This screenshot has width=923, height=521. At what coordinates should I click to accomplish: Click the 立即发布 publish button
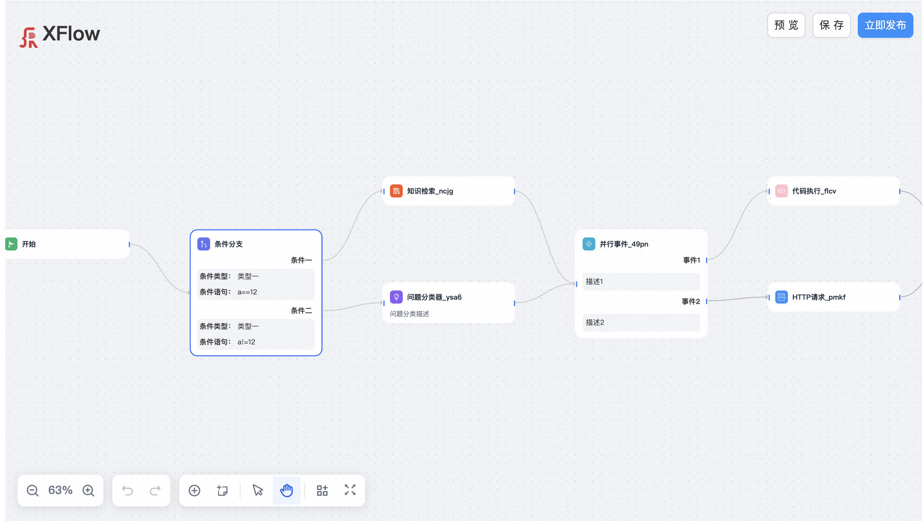pyautogui.click(x=885, y=25)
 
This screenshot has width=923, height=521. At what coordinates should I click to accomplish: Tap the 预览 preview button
pyautogui.click(x=786, y=25)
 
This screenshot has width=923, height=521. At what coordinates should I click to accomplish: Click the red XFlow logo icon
pyautogui.click(x=29, y=37)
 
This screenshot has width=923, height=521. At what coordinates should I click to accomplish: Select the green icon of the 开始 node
pyautogui.click(x=11, y=244)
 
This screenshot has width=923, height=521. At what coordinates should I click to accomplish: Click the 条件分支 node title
pyautogui.click(x=228, y=244)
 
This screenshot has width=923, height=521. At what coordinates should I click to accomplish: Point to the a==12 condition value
pyautogui.click(x=247, y=292)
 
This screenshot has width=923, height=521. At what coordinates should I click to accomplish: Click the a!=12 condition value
pyautogui.click(x=246, y=342)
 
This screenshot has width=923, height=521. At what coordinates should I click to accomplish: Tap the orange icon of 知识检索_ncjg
pyautogui.click(x=396, y=191)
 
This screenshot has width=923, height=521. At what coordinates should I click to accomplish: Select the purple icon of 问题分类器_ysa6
pyautogui.click(x=396, y=297)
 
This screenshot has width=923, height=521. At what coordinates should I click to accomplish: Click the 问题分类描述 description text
pyautogui.click(x=409, y=314)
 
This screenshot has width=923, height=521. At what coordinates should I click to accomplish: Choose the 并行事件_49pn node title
pyautogui.click(x=624, y=244)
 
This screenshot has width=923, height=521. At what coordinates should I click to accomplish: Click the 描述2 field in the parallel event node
pyautogui.click(x=641, y=322)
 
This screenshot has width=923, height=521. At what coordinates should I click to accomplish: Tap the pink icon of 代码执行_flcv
pyautogui.click(x=781, y=191)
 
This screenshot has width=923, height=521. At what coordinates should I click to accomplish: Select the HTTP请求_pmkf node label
pyautogui.click(x=819, y=297)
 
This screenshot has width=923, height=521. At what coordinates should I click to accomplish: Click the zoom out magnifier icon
pyautogui.click(x=33, y=491)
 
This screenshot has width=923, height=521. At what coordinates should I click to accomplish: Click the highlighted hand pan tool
pyautogui.click(x=286, y=491)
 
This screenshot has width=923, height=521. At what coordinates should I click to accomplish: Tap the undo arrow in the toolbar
pyautogui.click(x=127, y=491)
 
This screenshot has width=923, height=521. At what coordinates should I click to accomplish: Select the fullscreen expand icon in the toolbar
pyautogui.click(x=350, y=490)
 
